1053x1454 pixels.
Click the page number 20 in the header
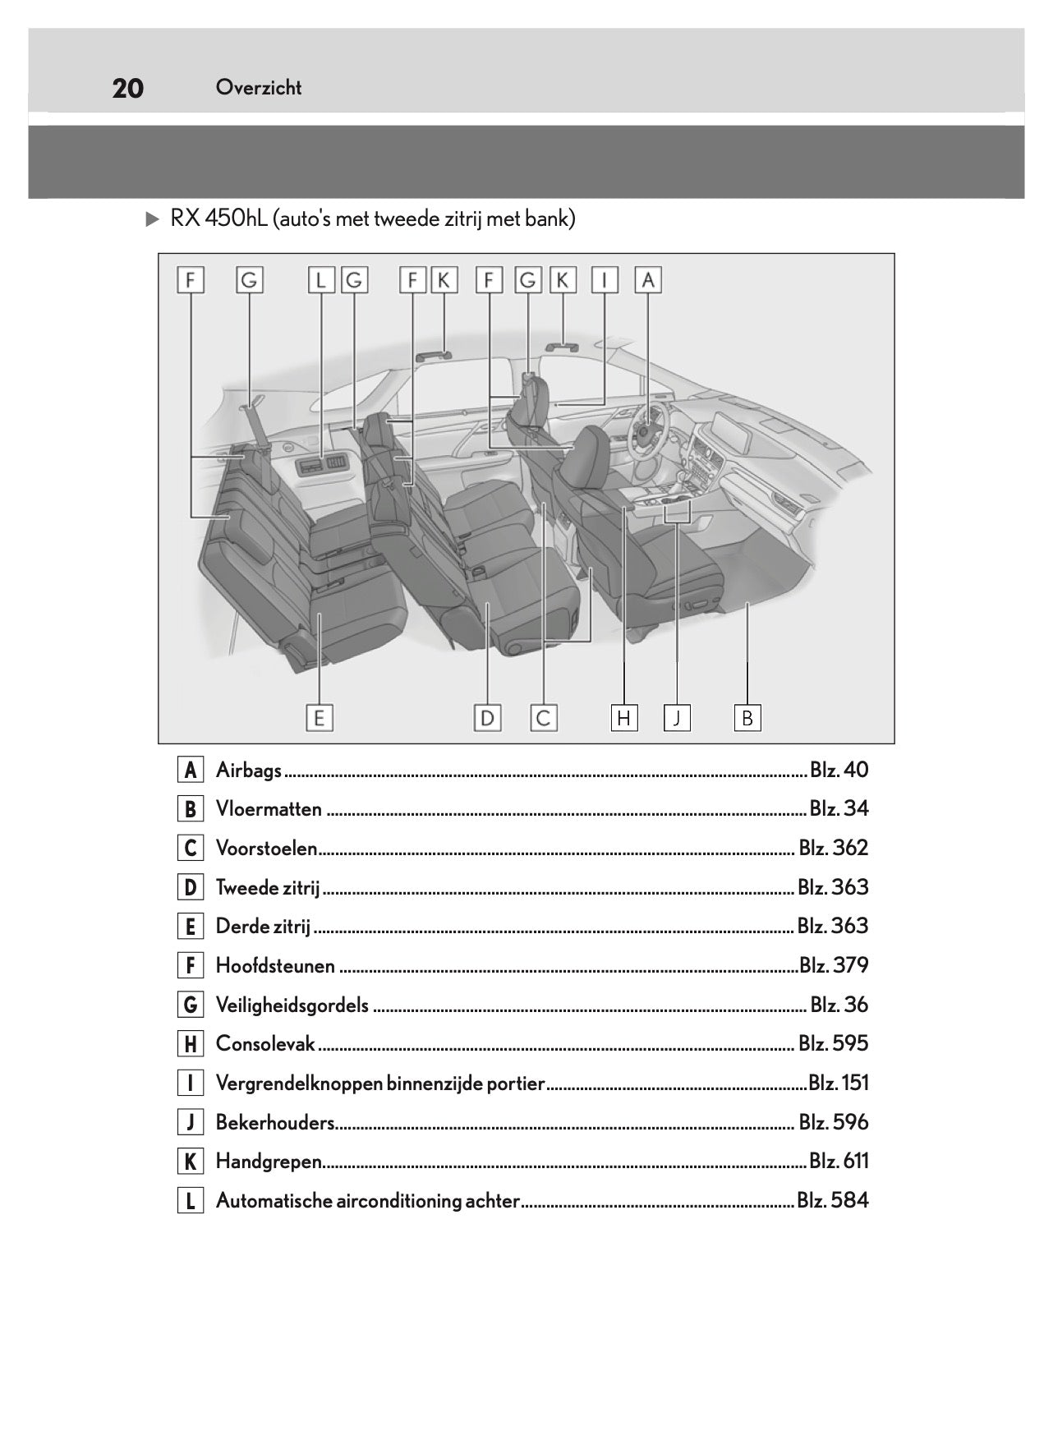127,88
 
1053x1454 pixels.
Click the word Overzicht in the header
259,88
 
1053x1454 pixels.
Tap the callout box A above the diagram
648,280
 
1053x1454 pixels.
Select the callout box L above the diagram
321,280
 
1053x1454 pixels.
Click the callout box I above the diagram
605,280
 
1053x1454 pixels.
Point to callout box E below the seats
319,718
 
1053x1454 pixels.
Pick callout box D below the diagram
487,718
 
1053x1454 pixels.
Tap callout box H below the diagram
623,718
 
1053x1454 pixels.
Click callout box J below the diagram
677,718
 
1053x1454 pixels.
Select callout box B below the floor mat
747,718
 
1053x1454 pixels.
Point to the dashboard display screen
732,431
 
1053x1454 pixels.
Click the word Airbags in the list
248,771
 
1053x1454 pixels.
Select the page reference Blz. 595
833,1043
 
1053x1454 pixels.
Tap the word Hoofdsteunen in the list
275,965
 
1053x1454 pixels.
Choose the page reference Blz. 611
838,1161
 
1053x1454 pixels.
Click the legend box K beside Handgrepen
190,1162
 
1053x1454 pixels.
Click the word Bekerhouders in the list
275,1122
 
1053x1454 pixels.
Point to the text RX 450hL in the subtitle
218,219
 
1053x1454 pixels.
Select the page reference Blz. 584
832,1200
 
